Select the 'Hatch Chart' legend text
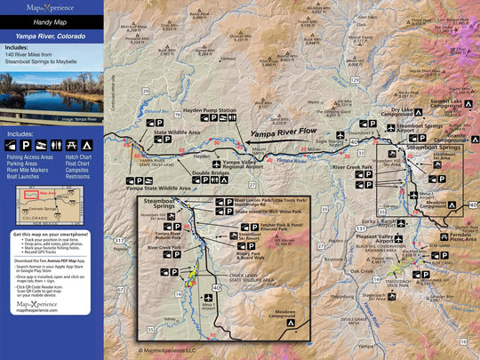pos(76,158)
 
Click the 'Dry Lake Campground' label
pos(400,113)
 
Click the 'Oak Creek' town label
pos(362,271)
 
